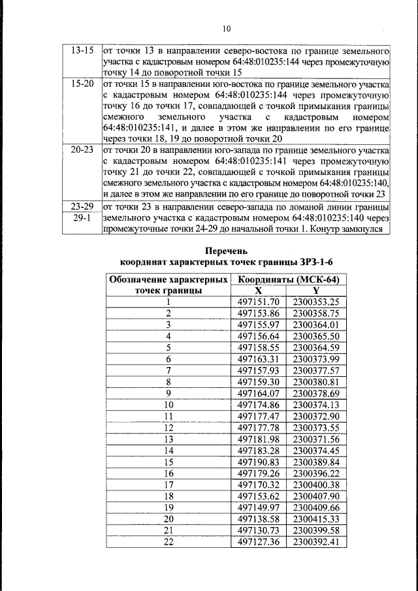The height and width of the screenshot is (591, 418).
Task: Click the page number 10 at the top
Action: tap(227, 29)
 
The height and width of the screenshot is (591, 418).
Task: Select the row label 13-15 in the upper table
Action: tap(82, 50)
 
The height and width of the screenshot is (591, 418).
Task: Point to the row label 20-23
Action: tap(82, 150)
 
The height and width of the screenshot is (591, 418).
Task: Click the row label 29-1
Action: tap(82, 217)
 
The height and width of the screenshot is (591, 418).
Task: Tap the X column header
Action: tap(259, 290)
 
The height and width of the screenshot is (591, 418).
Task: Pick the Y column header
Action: tap(316, 290)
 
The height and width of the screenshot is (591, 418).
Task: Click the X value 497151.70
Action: tap(259, 302)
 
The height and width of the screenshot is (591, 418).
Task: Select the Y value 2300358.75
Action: tap(316, 313)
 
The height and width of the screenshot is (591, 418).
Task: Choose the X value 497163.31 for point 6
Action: tap(259, 359)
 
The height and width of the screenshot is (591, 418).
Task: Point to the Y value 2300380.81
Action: tap(316, 382)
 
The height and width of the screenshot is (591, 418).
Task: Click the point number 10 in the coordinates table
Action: tap(168, 405)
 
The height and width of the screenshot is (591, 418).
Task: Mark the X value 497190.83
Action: tap(259, 461)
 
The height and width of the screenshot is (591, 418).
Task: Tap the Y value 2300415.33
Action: tap(316, 519)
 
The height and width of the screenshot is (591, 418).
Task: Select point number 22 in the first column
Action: tap(168, 541)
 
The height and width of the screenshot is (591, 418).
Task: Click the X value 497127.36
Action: tap(259, 541)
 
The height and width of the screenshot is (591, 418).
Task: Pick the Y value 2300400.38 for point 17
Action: tap(316, 484)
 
